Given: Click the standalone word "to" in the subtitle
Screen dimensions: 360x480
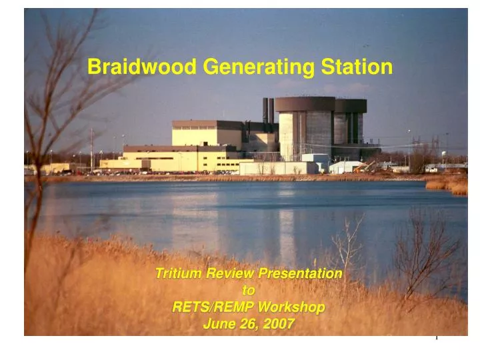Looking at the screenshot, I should (x=248, y=291).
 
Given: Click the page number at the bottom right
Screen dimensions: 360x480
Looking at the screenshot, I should (x=437, y=337).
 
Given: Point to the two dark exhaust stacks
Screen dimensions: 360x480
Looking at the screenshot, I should (x=268, y=110).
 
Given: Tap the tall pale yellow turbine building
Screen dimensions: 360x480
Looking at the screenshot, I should (x=206, y=133).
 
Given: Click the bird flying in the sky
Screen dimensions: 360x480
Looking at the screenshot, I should (x=365, y=45).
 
